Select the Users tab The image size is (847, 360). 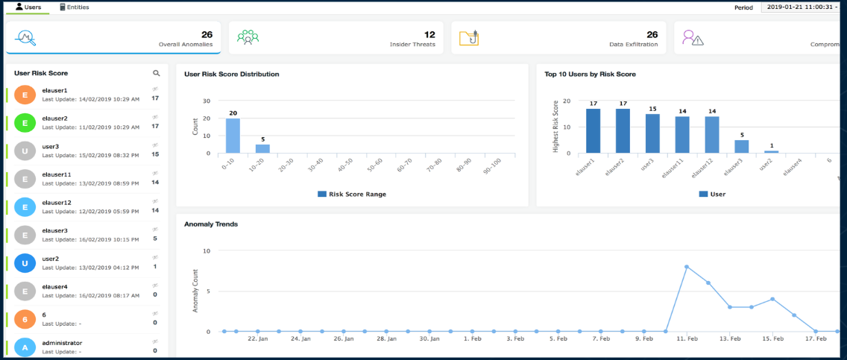coord(28,7)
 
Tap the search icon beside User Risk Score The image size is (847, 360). coord(156,74)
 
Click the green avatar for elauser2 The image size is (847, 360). coord(25,123)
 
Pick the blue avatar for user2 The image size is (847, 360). coord(25,262)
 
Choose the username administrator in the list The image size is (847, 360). coord(63,343)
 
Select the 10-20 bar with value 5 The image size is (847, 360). coord(262,148)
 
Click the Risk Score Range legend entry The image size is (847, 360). coord(352,194)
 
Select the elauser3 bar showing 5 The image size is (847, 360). coord(741,147)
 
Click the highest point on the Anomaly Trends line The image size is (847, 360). coord(686,266)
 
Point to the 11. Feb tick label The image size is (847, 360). coord(687,339)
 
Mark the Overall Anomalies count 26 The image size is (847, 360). coord(207,34)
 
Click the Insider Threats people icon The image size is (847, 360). coord(248,37)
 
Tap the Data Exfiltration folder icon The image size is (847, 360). coord(468,37)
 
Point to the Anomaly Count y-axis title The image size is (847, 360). coord(196,291)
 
